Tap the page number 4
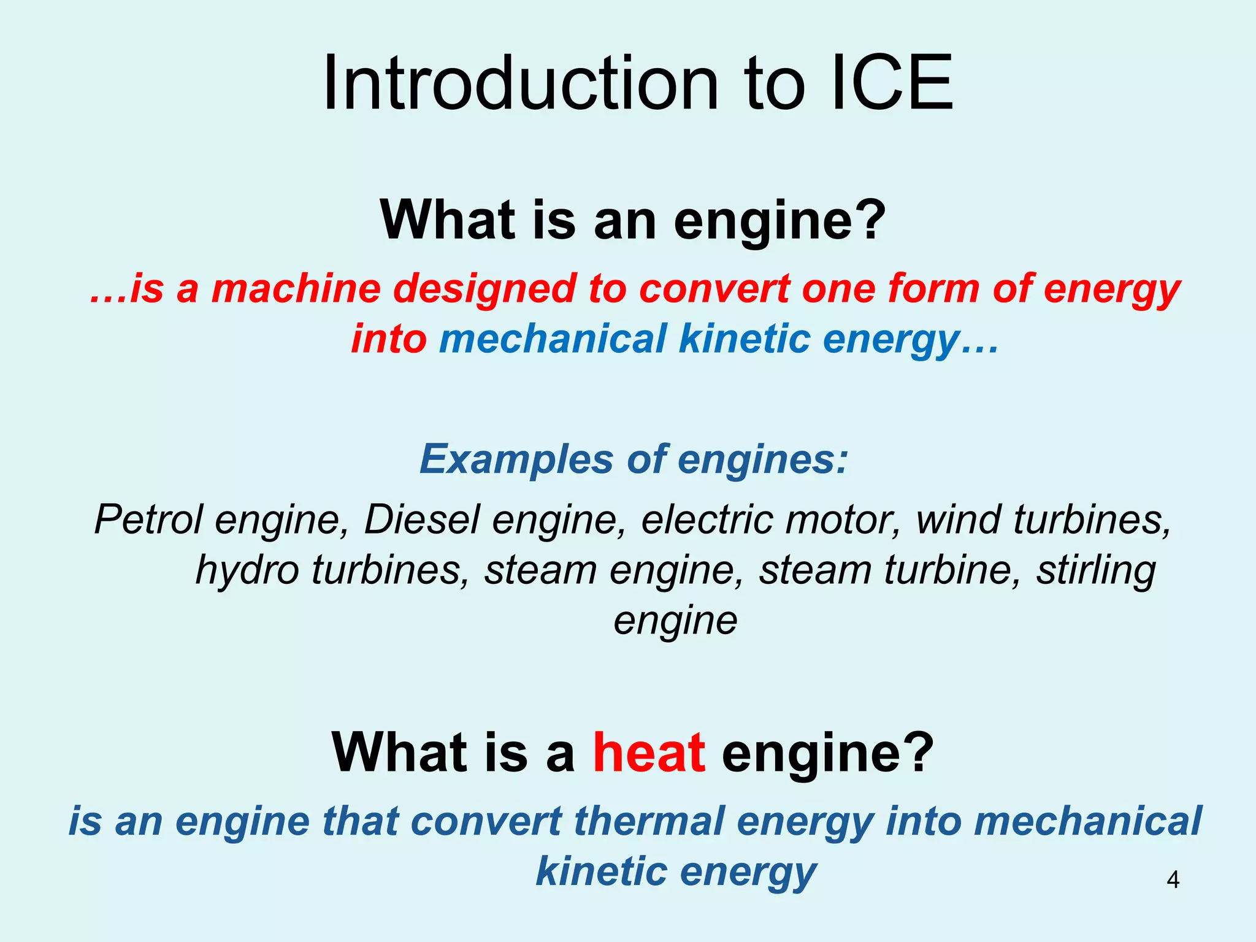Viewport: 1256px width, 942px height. pos(1173,880)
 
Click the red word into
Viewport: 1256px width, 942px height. pos(389,339)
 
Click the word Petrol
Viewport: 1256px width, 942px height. pos(148,520)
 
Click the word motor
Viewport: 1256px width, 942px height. pos(843,520)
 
